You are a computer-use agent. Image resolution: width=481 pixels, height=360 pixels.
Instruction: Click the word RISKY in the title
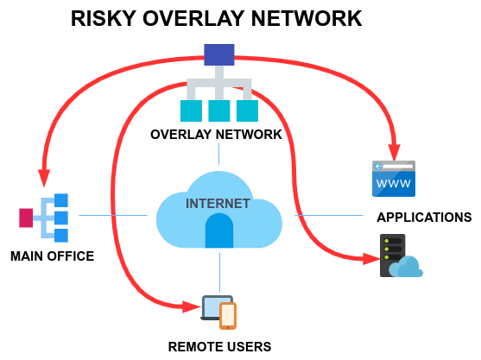pos(104,19)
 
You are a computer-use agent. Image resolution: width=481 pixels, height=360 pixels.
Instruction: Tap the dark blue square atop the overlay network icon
pos(219,54)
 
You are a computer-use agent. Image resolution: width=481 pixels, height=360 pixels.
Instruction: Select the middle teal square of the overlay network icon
pos(219,111)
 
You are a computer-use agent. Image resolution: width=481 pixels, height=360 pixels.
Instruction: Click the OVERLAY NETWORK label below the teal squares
pos(216,135)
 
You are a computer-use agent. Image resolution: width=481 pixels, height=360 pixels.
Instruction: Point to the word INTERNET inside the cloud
pos(218,204)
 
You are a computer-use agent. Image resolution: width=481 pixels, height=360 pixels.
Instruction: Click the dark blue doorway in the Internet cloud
pos(219,231)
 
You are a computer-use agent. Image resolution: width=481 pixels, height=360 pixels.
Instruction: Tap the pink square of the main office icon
pos(26,218)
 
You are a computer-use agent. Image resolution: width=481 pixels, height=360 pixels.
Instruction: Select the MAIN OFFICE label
pos(52,256)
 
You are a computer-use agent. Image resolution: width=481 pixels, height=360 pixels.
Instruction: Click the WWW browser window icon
pos(394,179)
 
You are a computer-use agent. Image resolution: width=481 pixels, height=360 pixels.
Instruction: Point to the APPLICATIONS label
pos(424,217)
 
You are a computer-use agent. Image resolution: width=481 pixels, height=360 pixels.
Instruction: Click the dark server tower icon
pos(393,256)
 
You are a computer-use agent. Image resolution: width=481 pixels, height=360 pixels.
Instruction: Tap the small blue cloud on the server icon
pos(406,268)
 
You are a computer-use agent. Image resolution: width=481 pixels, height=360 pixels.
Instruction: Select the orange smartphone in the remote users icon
pos(228,316)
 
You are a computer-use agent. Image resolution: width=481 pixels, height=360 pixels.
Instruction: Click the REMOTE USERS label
pos(219,347)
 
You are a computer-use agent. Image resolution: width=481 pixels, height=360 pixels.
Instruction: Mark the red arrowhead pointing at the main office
pos(44,178)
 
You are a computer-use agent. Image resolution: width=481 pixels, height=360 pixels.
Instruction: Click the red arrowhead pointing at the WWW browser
pos(395,152)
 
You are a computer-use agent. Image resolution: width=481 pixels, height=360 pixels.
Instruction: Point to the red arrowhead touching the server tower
pos(371,259)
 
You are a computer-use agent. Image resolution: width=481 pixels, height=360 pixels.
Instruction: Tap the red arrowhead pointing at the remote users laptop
pos(192,306)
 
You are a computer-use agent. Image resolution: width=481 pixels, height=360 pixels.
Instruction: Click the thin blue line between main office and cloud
pos(113,215)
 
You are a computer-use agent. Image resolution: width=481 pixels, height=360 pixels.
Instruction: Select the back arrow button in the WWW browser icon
pos(378,167)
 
